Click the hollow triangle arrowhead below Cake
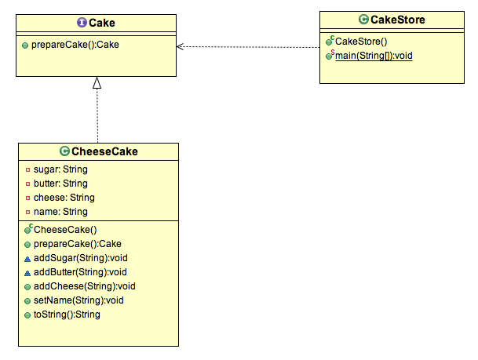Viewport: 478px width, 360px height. (97, 82)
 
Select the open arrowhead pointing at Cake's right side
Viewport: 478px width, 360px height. (181, 46)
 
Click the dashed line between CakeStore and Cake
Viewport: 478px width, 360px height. (251, 46)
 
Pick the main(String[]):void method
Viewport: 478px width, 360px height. (374, 56)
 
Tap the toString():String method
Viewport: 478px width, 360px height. (67, 315)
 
